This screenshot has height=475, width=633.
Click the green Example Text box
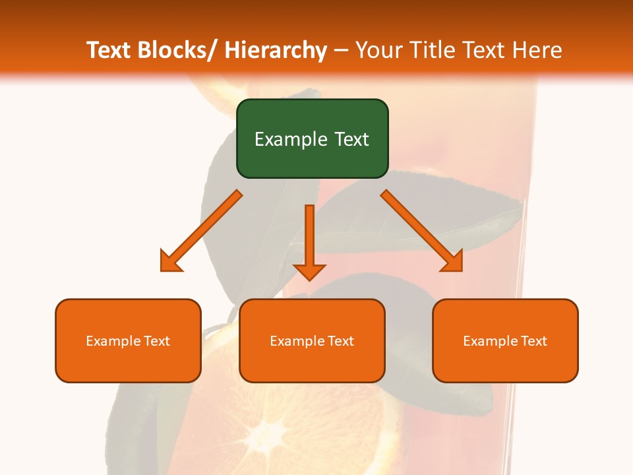click(312, 139)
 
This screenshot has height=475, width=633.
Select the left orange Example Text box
click(127, 340)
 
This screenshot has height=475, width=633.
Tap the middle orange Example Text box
click(311, 340)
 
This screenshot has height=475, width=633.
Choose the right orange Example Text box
click(505, 340)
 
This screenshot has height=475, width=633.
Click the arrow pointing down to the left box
click(201, 231)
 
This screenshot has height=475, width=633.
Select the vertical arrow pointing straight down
click(309, 237)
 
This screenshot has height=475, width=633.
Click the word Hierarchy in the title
click(275, 50)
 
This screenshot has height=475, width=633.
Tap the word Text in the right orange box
click(533, 341)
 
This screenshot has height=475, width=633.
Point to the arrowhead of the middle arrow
click(309, 271)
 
